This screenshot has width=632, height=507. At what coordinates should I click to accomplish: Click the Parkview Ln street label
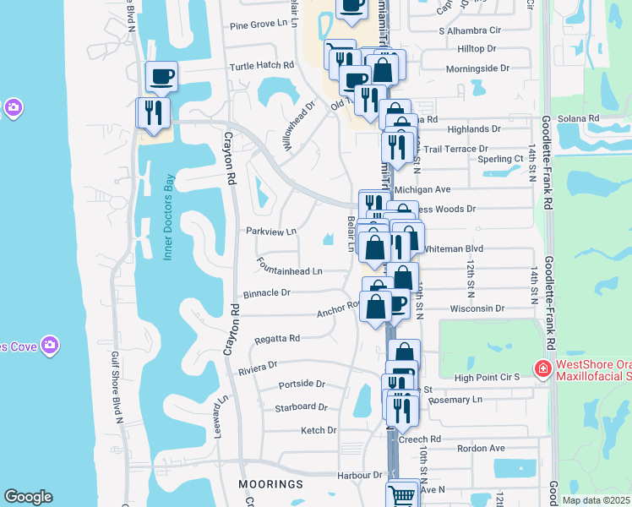pos(271,231)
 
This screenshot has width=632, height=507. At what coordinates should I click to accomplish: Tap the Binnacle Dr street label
pos(267,292)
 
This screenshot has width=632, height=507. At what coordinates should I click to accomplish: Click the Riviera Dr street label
pos(258,367)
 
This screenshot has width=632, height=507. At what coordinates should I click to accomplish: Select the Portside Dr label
pos(302,384)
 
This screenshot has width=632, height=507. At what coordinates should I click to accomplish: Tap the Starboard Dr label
pos(301,407)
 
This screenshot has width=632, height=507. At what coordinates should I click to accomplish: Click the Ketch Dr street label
pos(319,430)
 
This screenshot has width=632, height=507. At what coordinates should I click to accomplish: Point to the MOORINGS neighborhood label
pos(275,484)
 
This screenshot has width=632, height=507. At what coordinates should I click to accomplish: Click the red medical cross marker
pos(542,368)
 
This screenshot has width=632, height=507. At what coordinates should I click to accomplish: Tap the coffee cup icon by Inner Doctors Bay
pos(161,77)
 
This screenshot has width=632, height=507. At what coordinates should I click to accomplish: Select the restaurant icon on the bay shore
pos(153,113)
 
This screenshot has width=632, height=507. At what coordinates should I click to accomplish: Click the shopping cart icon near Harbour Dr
pos(402,493)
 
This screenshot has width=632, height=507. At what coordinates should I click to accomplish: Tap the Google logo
pos(28,497)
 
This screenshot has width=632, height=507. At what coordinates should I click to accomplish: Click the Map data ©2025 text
pos(596,500)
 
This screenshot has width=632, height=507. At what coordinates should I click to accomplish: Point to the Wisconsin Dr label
pos(477,308)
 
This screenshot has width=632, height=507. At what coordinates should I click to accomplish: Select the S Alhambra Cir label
pos(471,30)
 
